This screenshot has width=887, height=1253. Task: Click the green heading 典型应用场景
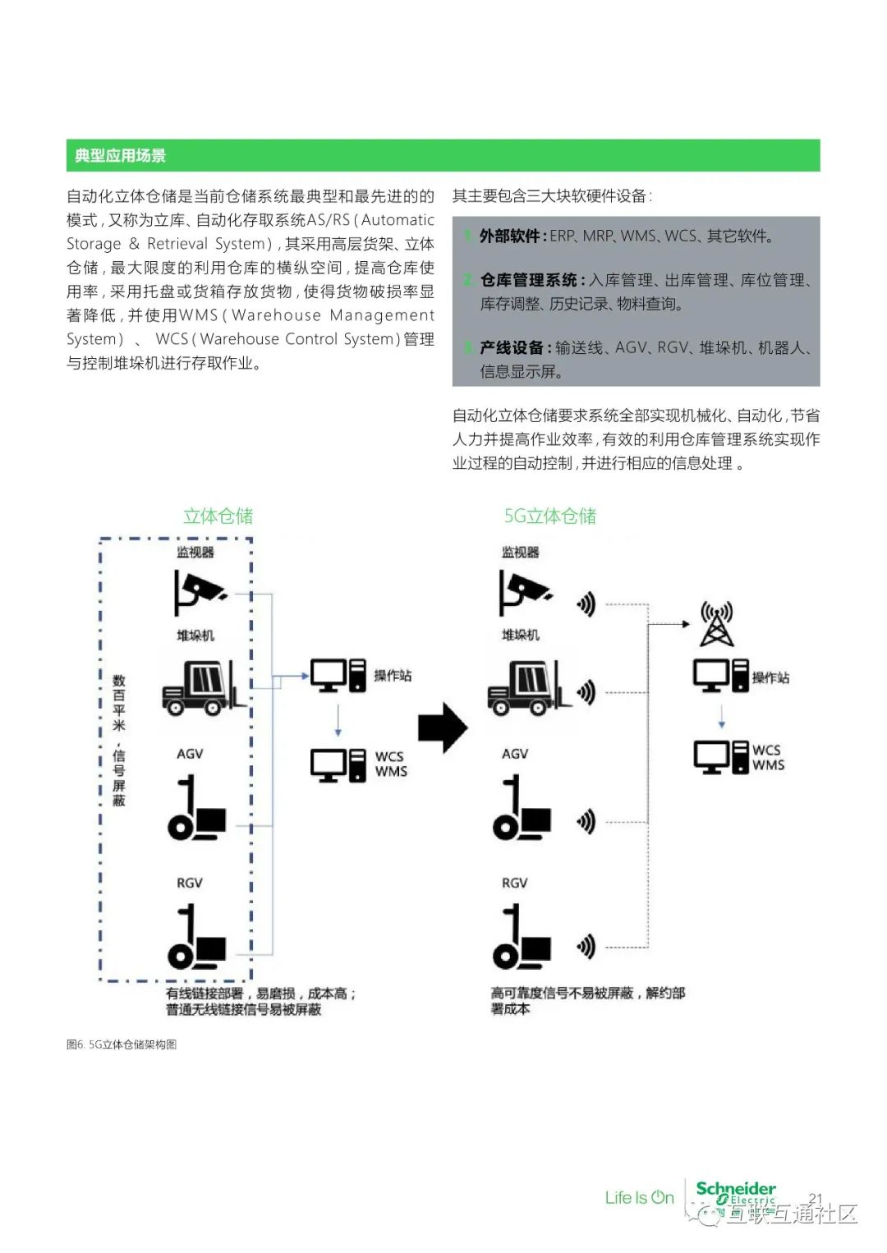tap(120, 155)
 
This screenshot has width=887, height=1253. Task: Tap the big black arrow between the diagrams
tap(443, 727)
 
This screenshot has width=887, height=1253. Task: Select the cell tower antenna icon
tap(716, 624)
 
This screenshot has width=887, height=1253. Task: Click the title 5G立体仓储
tap(549, 516)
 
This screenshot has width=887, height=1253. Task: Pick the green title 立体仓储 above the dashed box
tap(218, 516)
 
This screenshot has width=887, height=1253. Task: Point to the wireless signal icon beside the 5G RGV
tap(586, 947)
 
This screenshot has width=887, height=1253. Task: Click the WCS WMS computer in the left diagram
tap(338, 764)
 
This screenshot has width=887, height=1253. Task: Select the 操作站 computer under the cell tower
tap(720, 676)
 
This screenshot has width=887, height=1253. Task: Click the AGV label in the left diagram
tap(190, 754)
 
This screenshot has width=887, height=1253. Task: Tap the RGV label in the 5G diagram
tap(514, 883)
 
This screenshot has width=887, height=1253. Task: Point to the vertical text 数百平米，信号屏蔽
tap(119, 740)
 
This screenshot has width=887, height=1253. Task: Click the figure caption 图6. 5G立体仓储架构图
tap(122, 1044)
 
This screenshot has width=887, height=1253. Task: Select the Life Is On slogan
tap(639, 1198)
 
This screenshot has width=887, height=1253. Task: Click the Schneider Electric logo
tap(735, 1193)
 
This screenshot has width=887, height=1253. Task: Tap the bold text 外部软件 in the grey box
tap(510, 236)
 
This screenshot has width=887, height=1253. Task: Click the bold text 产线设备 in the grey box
tap(511, 348)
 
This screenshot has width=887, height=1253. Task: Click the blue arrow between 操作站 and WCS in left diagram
tap(338, 720)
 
